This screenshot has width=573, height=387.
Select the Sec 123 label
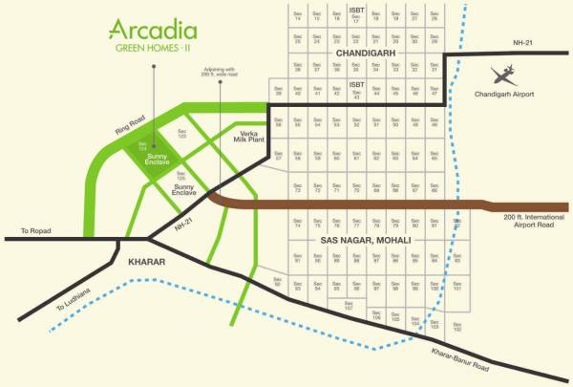point(181,137)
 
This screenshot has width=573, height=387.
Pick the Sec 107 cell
point(350,307)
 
